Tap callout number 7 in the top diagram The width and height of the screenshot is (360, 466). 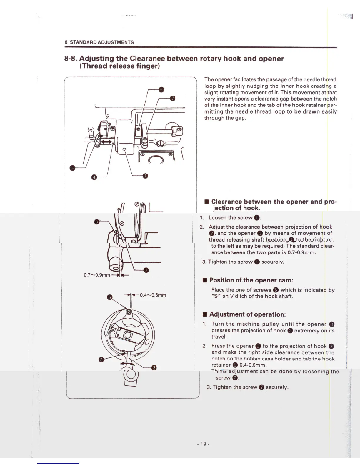tap(173, 98)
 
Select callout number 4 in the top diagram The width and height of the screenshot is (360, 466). tap(94, 177)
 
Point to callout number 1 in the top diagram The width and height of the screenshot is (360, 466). tap(145, 176)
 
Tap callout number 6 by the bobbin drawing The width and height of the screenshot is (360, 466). tap(109, 297)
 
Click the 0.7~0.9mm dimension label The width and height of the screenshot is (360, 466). tap(97, 275)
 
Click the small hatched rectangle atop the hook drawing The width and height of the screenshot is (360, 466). tap(129, 311)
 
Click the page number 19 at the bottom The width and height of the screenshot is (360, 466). tap(203, 444)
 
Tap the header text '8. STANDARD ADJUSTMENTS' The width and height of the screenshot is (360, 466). tap(99, 42)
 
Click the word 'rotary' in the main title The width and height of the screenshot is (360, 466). tap(211, 59)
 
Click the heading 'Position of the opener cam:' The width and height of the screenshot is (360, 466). tap(251, 280)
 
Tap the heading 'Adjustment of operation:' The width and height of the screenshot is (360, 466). tap(247, 314)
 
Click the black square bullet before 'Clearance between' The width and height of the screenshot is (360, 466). tap(207, 202)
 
